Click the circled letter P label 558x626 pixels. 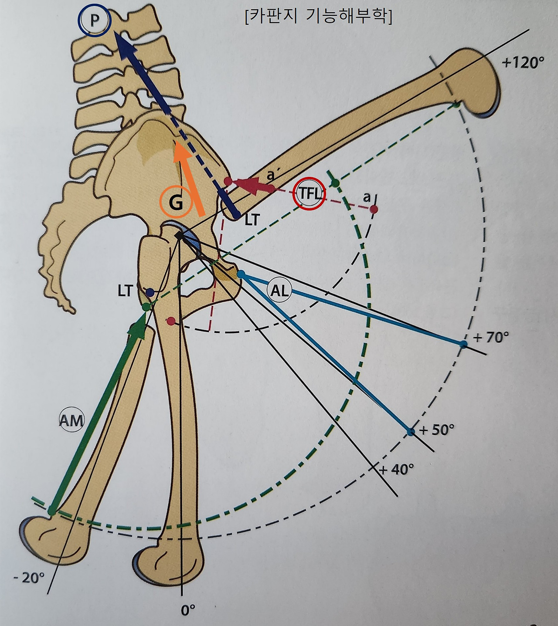click(95, 21)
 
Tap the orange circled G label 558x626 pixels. click(175, 203)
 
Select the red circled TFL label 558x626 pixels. click(310, 193)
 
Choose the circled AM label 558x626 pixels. click(71, 420)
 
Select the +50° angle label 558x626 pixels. click(436, 430)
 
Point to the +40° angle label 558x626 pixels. click(396, 469)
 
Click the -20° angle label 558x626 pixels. click(29, 578)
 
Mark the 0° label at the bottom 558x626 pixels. click(188, 610)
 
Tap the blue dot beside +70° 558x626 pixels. click(463, 344)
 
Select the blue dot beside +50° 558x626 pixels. click(410, 432)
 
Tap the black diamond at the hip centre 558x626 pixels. click(179, 236)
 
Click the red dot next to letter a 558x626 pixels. click(374, 210)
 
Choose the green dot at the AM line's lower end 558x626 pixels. click(52, 510)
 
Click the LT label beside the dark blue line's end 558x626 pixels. click(252, 220)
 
